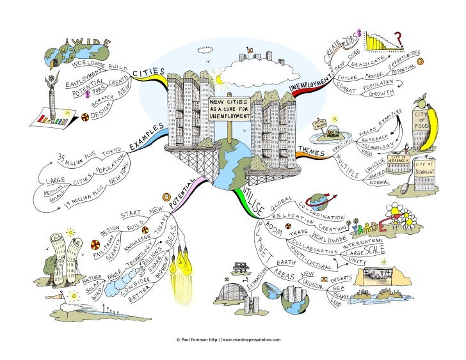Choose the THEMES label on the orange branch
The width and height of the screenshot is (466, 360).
(x=312, y=151)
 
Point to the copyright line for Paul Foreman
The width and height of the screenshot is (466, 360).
(x=229, y=340)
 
